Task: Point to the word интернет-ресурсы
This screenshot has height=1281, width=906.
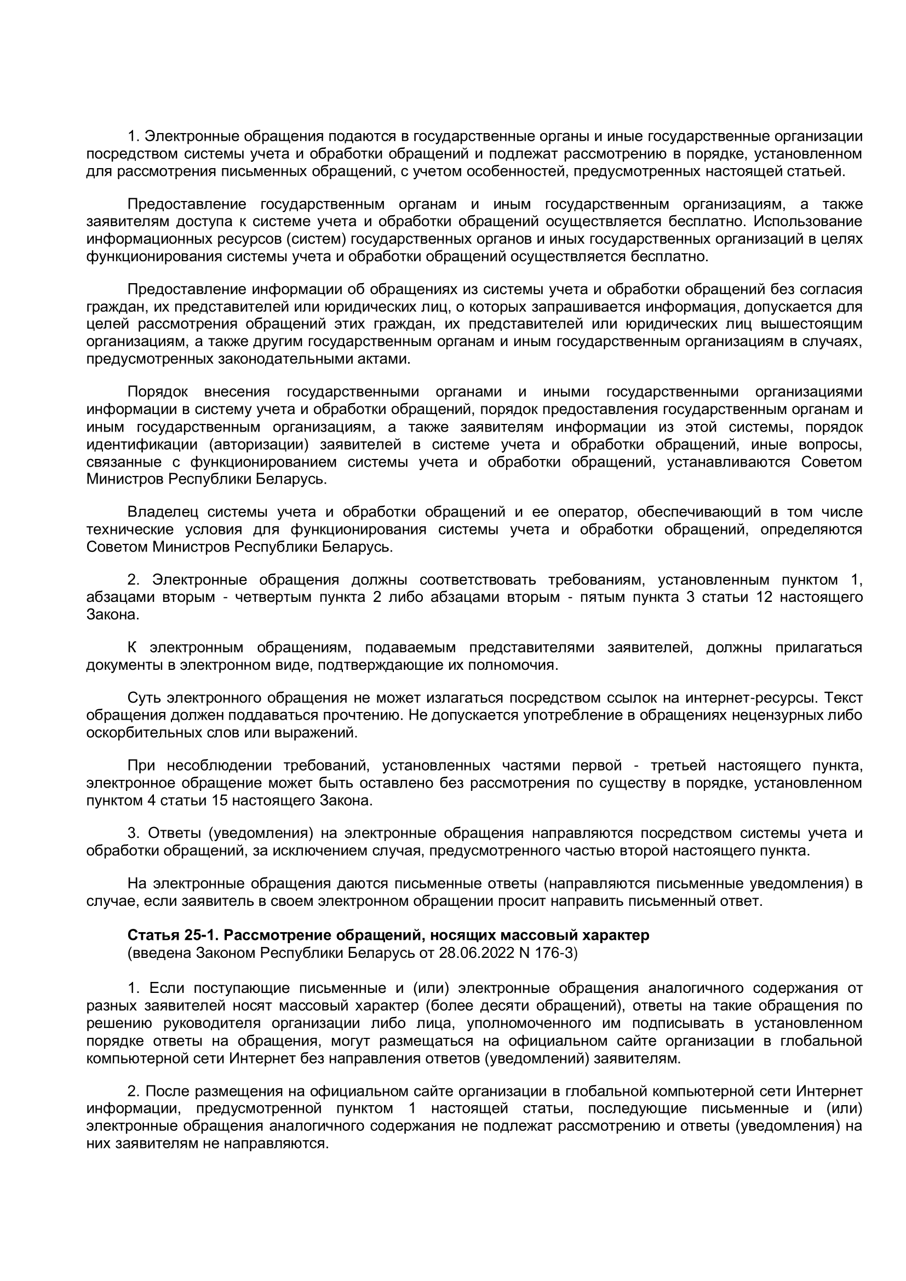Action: [x=750, y=698]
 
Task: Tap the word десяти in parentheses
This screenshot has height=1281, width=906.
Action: [x=506, y=1006]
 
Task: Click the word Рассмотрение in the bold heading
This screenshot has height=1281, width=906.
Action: [x=273, y=935]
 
